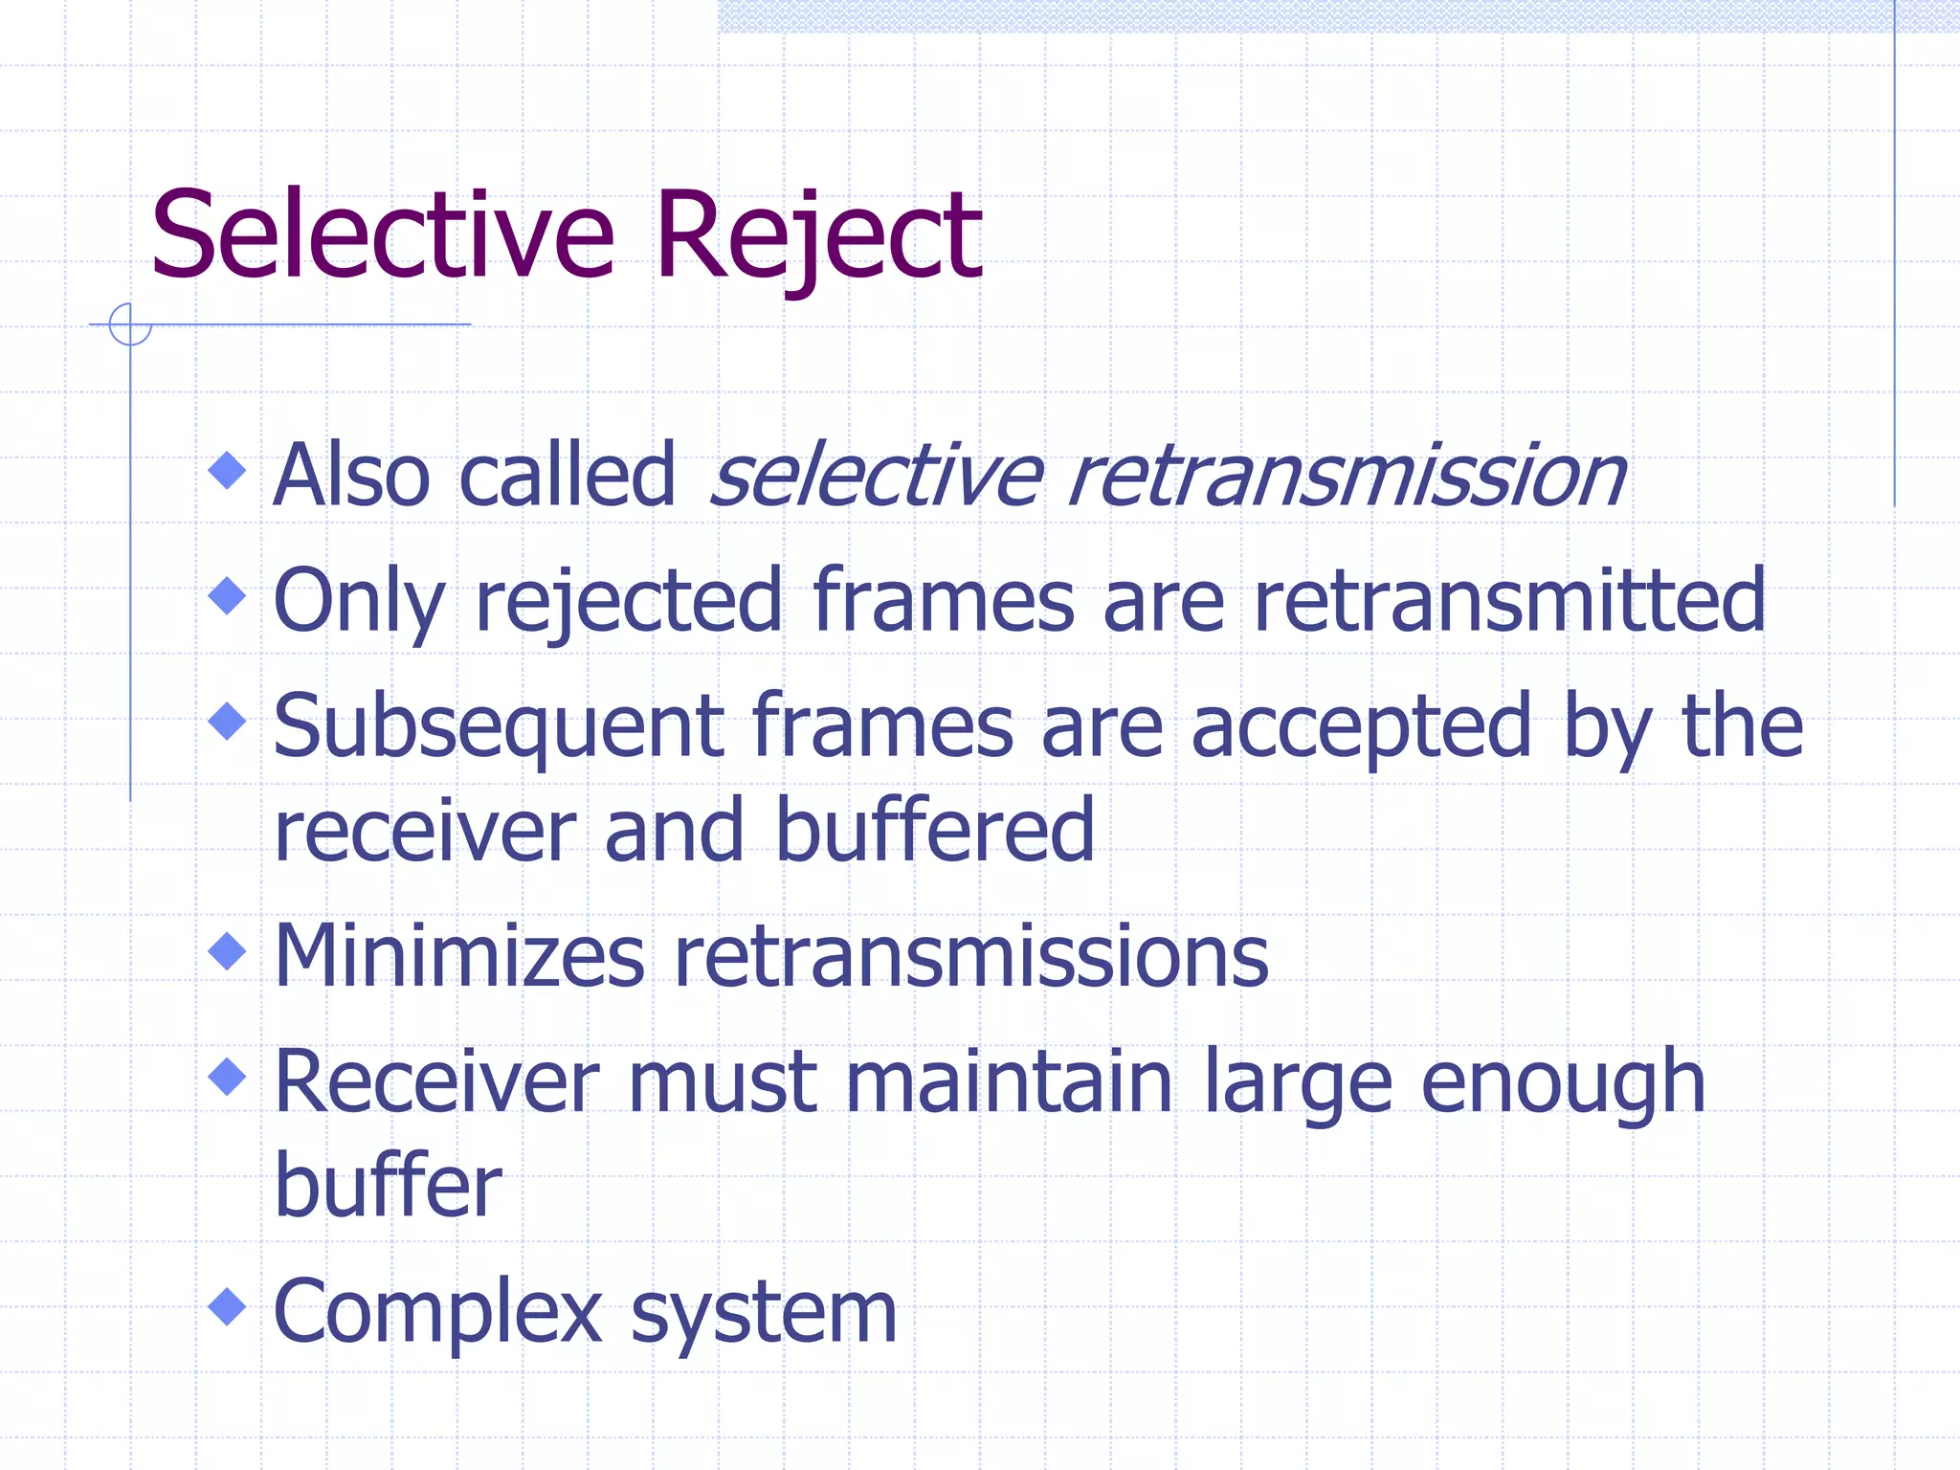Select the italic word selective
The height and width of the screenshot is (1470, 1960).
coord(877,476)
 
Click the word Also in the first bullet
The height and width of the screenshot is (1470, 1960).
coord(351,476)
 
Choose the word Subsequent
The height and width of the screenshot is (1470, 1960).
coord(498,727)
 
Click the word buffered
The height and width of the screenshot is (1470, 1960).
coord(934,831)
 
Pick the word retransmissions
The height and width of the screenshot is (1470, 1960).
coord(971,957)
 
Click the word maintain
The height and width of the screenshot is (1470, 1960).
coord(1009,1083)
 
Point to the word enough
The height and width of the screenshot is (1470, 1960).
coord(1563,1083)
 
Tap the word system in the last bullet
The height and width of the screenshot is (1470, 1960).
coord(764,1313)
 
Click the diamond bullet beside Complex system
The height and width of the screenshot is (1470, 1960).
coord(227,1306)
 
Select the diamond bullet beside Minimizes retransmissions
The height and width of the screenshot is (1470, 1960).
coord(227,951)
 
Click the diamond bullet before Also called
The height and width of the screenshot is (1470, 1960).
coord(227,470)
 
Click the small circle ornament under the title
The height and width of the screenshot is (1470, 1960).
coord(129,324)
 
